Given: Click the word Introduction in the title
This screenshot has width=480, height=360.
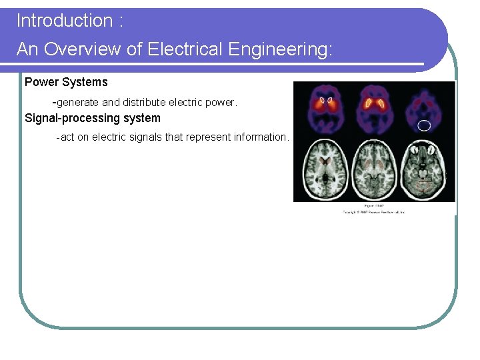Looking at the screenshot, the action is tap(65, 21).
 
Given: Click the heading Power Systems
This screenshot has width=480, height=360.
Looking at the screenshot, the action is tap(66, 83).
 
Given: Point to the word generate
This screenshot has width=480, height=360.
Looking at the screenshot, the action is tap(78, 103).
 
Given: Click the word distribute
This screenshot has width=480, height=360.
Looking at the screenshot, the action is tap(144, 103).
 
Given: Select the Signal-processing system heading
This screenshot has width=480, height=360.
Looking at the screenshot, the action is tap(93, 119).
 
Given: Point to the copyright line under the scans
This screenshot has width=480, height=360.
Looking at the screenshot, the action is tap(374, 212).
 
